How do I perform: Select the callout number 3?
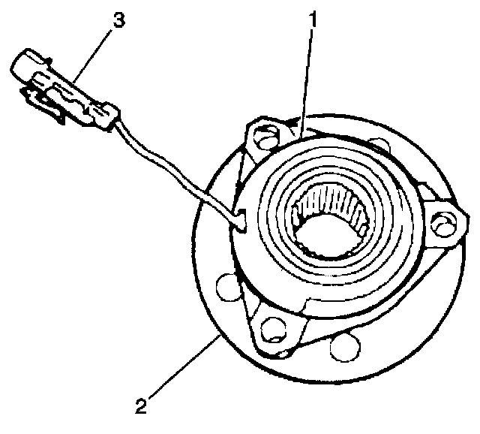tap(117, 20)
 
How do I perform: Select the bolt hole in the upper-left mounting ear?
tap(263, 138)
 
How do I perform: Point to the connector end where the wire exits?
tap(111, 116)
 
